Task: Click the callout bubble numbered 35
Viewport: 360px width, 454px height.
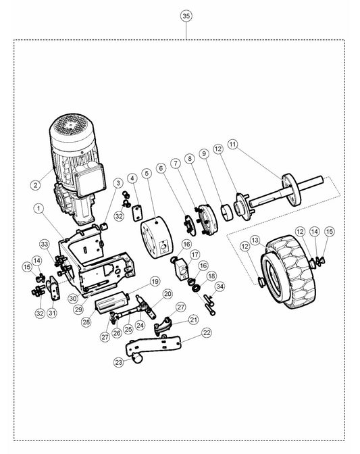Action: [x=186, y=16]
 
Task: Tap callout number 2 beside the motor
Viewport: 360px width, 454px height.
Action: [x=36, y=184]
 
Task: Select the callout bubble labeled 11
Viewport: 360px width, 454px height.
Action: [x=233, y=144]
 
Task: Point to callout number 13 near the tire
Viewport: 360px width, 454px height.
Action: [x=255, y=241]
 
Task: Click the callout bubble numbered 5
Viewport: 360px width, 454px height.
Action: [x=147, y=173]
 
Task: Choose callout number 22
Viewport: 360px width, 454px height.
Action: [x=206, y=332]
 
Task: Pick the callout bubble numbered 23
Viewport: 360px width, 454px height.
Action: [x=119, y=362]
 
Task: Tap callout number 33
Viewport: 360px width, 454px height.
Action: [x=45, y=245]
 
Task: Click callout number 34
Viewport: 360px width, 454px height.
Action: [x=220, y=286]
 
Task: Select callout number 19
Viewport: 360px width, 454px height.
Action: [x=155, y=282]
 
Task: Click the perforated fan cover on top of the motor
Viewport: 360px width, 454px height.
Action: [x=72, y=128]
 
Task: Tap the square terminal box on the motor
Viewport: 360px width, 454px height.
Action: [x=89, y=180]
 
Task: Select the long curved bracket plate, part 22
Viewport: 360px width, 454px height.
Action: [x=153, y=345]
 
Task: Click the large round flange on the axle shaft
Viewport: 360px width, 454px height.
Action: [x=292, y=190]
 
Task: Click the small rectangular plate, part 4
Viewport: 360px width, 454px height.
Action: [x=138, y=213]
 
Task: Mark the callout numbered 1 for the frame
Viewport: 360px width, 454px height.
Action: [x=38, y=209]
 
